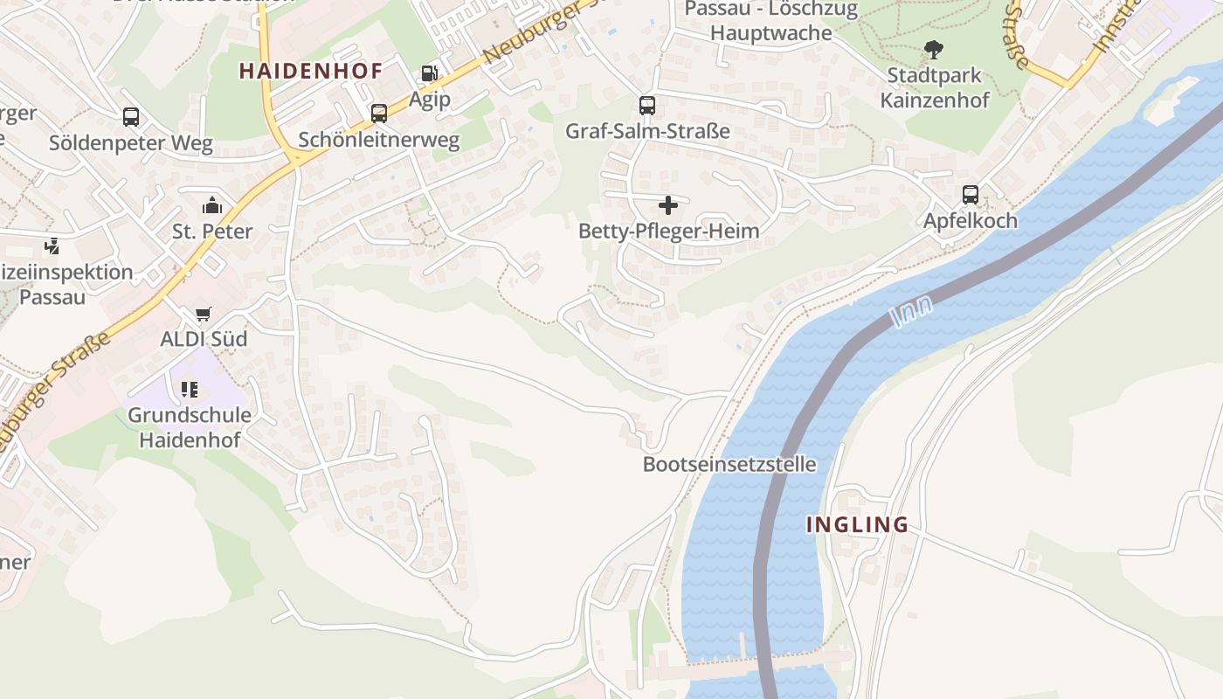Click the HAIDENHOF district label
(311, 72)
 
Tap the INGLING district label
(857, 524)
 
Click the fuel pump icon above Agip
(430, 73)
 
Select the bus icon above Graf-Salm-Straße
(646, 106)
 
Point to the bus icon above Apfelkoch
(970, 195)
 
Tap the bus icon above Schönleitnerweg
(378, 114)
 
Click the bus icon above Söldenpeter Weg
(131, 117)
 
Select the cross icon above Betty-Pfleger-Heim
(668, 205)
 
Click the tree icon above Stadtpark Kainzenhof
(934, 50)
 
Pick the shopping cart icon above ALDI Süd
(204, 314)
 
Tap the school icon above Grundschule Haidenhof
(190, 390)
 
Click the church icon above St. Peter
(212, 206)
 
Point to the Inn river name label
(913, 312)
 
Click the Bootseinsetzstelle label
(729, 464)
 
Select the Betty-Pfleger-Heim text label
(668, 232)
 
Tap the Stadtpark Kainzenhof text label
(935, 87)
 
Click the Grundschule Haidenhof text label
(190, 427)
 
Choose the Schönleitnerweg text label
(378, 141)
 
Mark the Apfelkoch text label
(971, 221)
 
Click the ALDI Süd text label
(204, 339)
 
